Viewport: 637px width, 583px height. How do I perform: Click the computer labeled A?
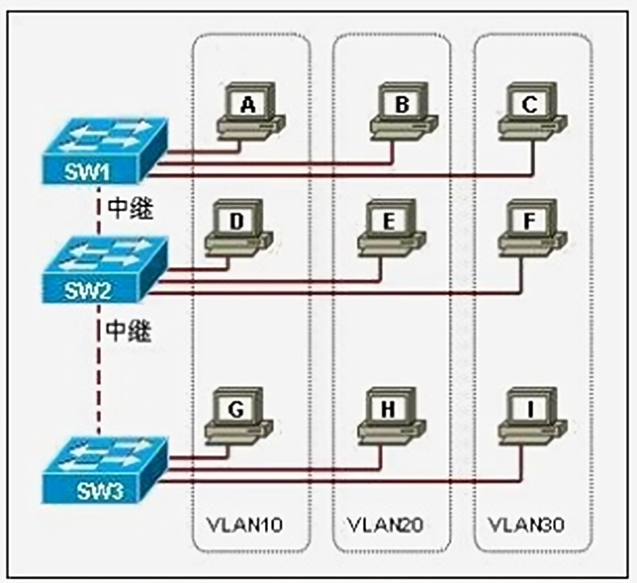point(251,112)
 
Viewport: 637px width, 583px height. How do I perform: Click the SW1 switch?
point(104,151)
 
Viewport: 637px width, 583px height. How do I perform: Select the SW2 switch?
point(104,269)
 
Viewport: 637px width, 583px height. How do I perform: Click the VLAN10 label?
point(245,525)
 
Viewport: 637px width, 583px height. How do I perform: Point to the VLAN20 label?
point(385,525)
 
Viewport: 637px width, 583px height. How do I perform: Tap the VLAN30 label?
point(526,525)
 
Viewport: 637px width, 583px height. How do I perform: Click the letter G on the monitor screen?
point(236,409)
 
